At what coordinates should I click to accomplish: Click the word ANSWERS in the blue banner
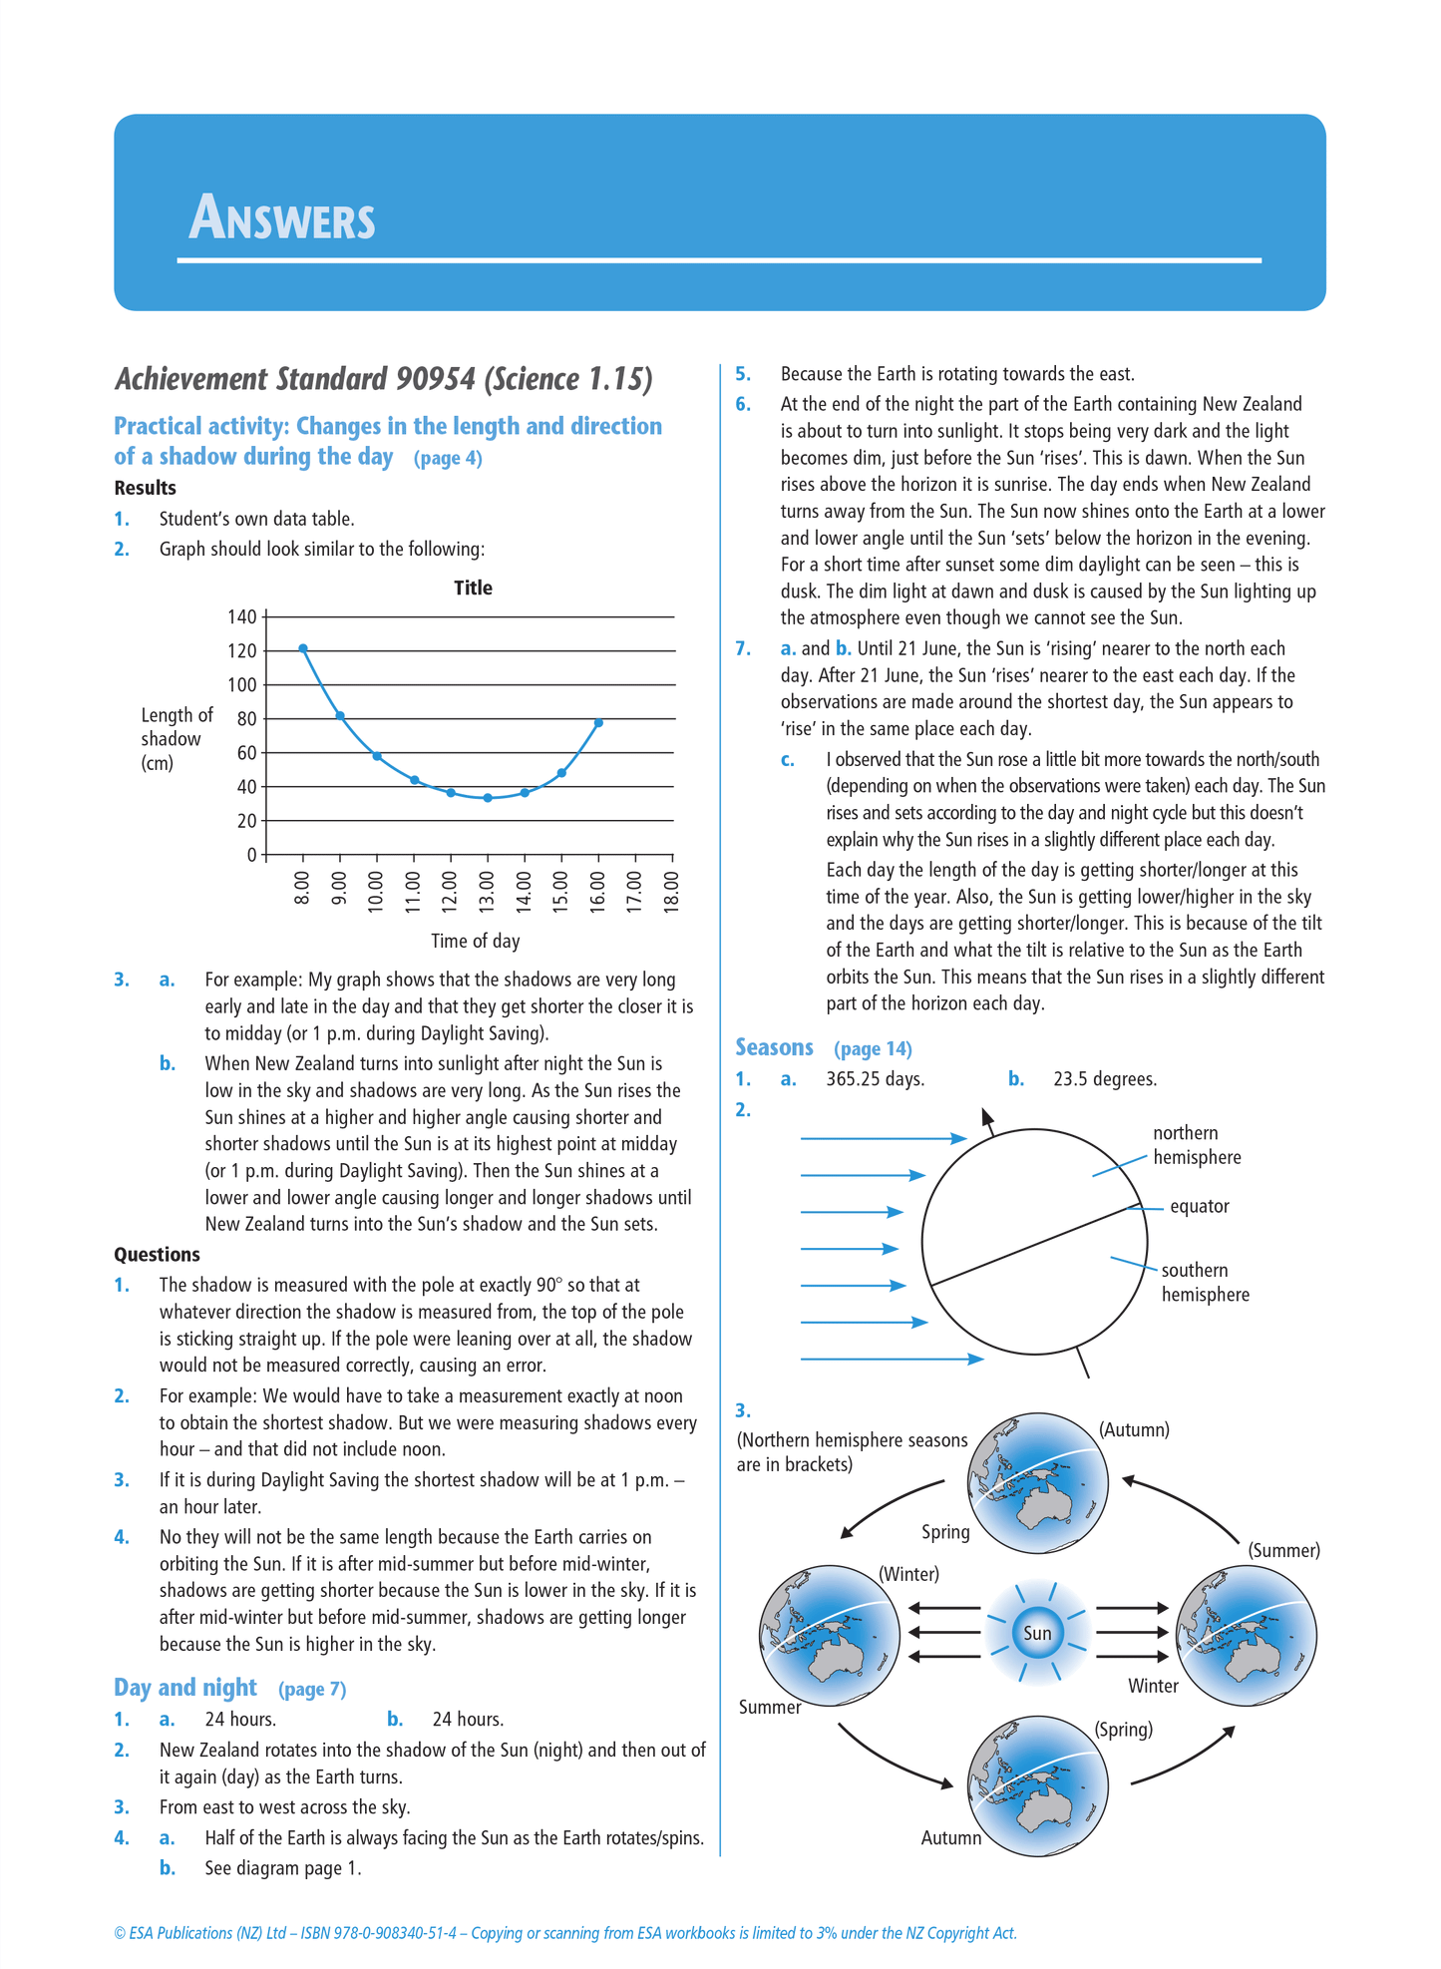click(282, 218)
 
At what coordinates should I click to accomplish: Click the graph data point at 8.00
click(303, 648)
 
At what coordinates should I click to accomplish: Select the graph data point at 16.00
click(598, 722)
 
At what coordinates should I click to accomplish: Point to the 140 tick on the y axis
click(242, 616)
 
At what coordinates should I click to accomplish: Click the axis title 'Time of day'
click(475, 941)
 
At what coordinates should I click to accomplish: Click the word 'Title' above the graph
click(473, 588)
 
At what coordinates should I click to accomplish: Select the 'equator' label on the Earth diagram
click(1199, 1206)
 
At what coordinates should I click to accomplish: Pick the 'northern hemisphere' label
click(1196, 1145)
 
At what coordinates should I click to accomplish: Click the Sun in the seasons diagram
click(1037, 1633)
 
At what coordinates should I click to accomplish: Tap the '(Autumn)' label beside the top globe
click(1134, 1429)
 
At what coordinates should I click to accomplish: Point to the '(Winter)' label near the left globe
click(908, 1574)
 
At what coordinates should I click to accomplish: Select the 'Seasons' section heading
click(774, 1047)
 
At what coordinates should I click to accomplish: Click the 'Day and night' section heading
click(185, 1688)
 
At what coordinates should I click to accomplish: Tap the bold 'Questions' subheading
click(157, 1254)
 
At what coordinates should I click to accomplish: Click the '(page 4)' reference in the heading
click(448, 458)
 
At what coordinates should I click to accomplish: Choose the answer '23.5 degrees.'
click(1105, 1079)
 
